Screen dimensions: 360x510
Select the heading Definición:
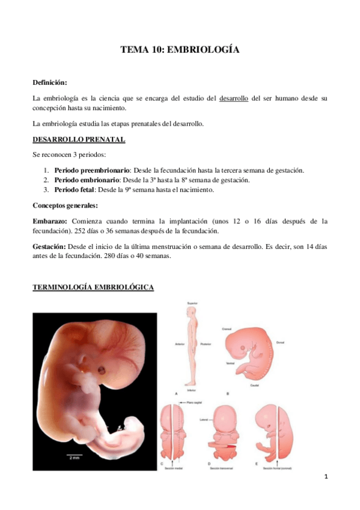[x=50, y=81]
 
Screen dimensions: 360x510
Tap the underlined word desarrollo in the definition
[x=234, y=97]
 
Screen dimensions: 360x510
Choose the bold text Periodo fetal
[x=75, y=190]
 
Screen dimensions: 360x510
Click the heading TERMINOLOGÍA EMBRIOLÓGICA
[x=93, y=288]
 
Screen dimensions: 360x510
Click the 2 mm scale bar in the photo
[x=75, y=453]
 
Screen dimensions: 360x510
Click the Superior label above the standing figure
[x=192, y=304]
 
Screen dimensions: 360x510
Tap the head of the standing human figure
[x=192, y=314]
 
